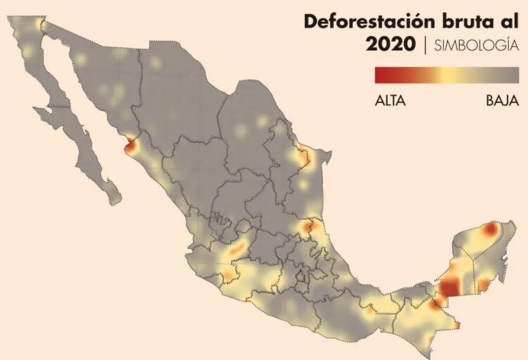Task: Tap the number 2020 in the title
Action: click(x=392, y=45)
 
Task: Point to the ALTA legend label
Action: click(x=390, y=101)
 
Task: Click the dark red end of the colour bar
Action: click(x=381, y=75)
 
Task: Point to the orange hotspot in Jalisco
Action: click(x=237, y=247)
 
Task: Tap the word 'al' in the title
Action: click(x=511, y=21)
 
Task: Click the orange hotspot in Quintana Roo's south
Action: click(x=484, y=285)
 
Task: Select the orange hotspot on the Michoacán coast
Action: click(x=229, y=274)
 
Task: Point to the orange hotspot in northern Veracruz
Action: click(x=308, y=227)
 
